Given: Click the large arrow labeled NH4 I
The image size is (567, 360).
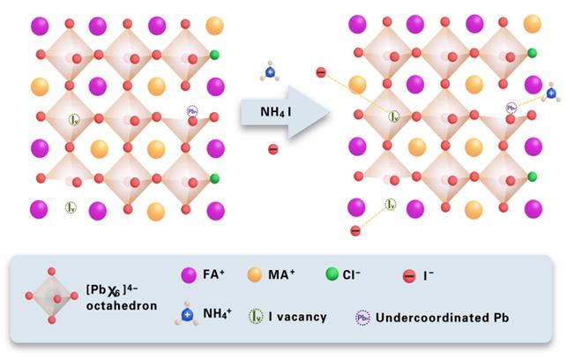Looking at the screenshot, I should tap(283, 112).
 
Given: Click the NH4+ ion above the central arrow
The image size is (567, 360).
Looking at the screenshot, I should tap(273, 71).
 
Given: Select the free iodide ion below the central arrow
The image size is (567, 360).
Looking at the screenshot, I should tap(273, 149).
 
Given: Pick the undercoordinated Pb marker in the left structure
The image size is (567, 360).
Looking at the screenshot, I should tap(192, 112).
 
